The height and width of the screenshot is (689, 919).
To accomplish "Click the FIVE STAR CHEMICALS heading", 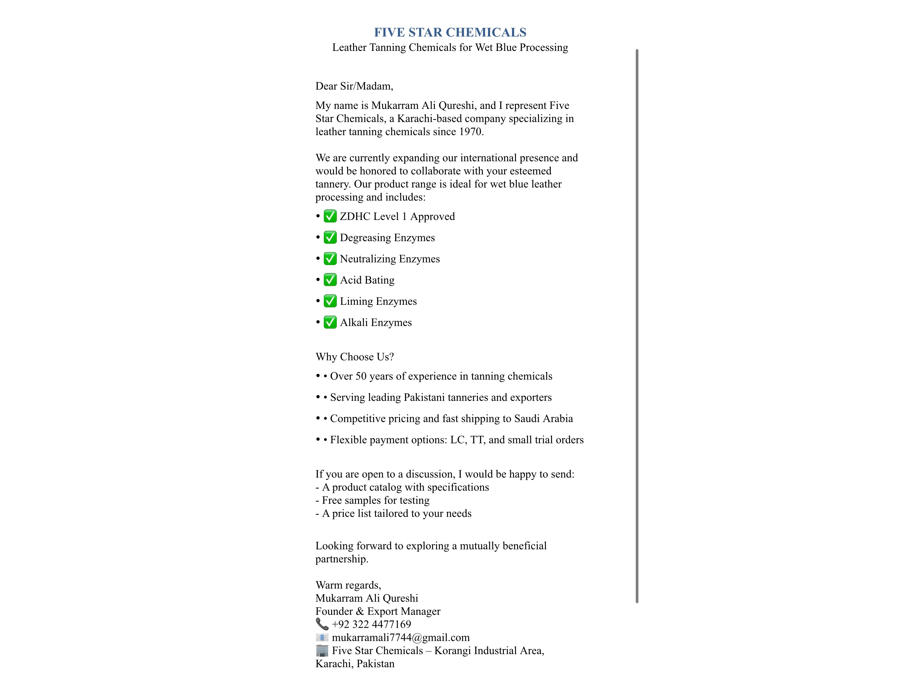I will click(450, 33).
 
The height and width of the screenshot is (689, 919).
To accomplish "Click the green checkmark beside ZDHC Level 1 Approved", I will click(330, 216).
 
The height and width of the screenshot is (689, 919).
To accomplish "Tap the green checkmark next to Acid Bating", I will click(330, 280).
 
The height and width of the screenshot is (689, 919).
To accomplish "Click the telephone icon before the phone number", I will click(322, 624).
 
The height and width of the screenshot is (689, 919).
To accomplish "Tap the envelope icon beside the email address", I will click(322, 637).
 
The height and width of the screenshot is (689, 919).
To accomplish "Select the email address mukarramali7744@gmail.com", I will click(400, 638).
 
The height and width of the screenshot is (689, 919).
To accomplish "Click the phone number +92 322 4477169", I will click(371, 624).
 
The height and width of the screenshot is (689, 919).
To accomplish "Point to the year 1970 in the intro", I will click(470, 132).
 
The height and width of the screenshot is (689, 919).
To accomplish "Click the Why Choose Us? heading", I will click(354, 357).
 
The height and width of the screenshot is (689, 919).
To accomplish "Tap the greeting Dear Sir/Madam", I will click(354, 86).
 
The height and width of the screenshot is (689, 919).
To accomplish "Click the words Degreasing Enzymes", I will click(387, 238).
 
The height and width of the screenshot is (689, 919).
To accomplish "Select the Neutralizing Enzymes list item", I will click(390, 259).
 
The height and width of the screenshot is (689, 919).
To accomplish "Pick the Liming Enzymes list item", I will click(378, 301).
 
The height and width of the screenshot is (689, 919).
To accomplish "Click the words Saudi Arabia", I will click(543, 419).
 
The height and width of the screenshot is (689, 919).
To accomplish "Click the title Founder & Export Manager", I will click(378, 611).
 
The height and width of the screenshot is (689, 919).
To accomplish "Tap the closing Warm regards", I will click(348, 585).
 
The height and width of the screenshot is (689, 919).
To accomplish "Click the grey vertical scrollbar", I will click(637, 326).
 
